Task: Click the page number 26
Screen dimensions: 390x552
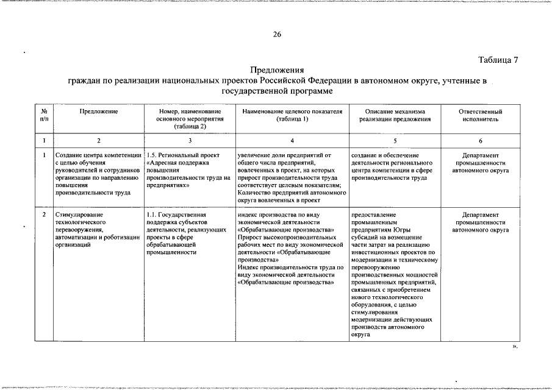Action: tap(276, 34)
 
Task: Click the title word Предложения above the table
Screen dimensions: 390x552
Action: tap(277, 71)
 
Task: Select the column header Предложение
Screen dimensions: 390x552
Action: tap(98, 112)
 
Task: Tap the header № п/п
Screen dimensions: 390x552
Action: tap(44, 116)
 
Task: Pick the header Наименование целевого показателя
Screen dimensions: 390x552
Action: tap(292, 116)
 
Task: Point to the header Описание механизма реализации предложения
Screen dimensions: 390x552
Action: tap(395, 116)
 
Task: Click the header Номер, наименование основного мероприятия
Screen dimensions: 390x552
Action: tap(190, 119)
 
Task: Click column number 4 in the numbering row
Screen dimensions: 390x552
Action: tap(292, 141)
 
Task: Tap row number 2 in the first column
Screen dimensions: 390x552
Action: tap(44, 215)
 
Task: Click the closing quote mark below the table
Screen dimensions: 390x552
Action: tap(514, 346)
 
